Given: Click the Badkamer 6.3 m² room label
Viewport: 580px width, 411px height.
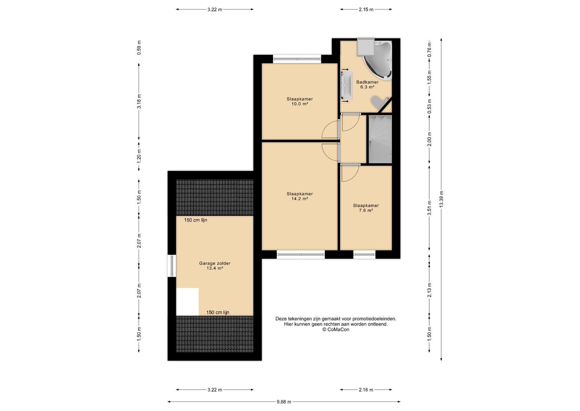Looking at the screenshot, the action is (x=367, y=84).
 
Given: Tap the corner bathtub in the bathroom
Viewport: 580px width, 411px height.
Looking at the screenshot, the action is (x=379, y=61).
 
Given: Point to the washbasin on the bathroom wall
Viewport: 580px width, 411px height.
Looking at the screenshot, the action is (x=346, y=86).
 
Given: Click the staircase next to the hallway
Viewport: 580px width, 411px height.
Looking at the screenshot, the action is (x=380, y=140).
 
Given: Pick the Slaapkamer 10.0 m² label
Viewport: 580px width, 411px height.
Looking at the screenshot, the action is (x=299, y=101).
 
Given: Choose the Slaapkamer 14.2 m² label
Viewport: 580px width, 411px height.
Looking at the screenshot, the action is (x=299, y=196).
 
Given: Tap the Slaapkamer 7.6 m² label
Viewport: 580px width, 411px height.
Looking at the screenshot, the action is (x=366, y=208).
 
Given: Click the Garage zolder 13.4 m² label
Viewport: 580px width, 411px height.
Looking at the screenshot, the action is (x=214, y=266).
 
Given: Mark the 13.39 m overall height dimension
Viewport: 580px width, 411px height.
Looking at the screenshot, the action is (x=441, y=199).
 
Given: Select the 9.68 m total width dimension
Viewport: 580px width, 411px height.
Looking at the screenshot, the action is (x=284, y=402).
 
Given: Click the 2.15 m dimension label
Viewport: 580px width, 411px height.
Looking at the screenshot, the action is (x=366, y=9).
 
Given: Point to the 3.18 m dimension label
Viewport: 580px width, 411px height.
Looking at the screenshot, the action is (x=139, y=101).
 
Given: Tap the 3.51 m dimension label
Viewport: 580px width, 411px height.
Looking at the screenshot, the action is (x=429, y=208).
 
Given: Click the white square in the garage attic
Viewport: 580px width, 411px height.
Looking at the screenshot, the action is (x=187, y=301).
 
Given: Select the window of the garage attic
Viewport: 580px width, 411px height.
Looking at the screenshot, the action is (x=172, y=266).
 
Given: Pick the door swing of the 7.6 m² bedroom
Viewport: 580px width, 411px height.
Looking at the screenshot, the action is (x=350, y=173).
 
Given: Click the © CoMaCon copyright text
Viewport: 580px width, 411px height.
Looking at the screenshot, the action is (x=336, y=330).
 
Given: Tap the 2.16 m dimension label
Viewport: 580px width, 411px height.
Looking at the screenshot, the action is (x=366, y=390).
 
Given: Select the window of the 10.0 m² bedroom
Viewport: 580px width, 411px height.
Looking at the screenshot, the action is (x=297, y=59).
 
